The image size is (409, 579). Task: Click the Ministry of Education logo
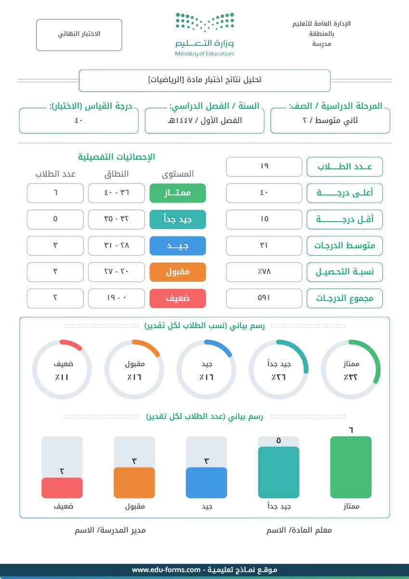tap(204, 35)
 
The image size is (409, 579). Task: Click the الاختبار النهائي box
tap(79, 35)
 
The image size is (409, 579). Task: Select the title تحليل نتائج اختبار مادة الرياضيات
tap(204, 80)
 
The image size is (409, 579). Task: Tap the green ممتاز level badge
tap(177, 193)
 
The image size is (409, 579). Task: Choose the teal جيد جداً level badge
tap(177, 219)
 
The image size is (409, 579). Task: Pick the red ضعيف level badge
tap(177, 298)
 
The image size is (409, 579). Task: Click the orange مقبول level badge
tap(177, 272)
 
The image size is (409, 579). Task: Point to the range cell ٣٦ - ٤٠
tap(117, 193)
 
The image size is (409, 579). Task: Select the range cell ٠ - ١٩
tap(117, 298)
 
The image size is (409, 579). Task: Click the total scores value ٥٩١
tap(264, 298)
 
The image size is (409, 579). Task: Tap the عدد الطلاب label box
tap(345, 167)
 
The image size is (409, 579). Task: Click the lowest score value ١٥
tap(264, 219)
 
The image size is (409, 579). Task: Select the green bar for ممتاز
tap(351, 467)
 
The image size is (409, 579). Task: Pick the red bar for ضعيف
tap(62, 487)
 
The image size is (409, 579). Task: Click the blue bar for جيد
tap(206, 482)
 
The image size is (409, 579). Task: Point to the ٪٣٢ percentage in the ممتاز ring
tap(351, 377)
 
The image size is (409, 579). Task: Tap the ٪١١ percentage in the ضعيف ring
tap(62, 377)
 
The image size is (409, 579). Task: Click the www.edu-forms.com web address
tap(166, 570)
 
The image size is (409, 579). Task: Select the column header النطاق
tap(117, 174)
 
